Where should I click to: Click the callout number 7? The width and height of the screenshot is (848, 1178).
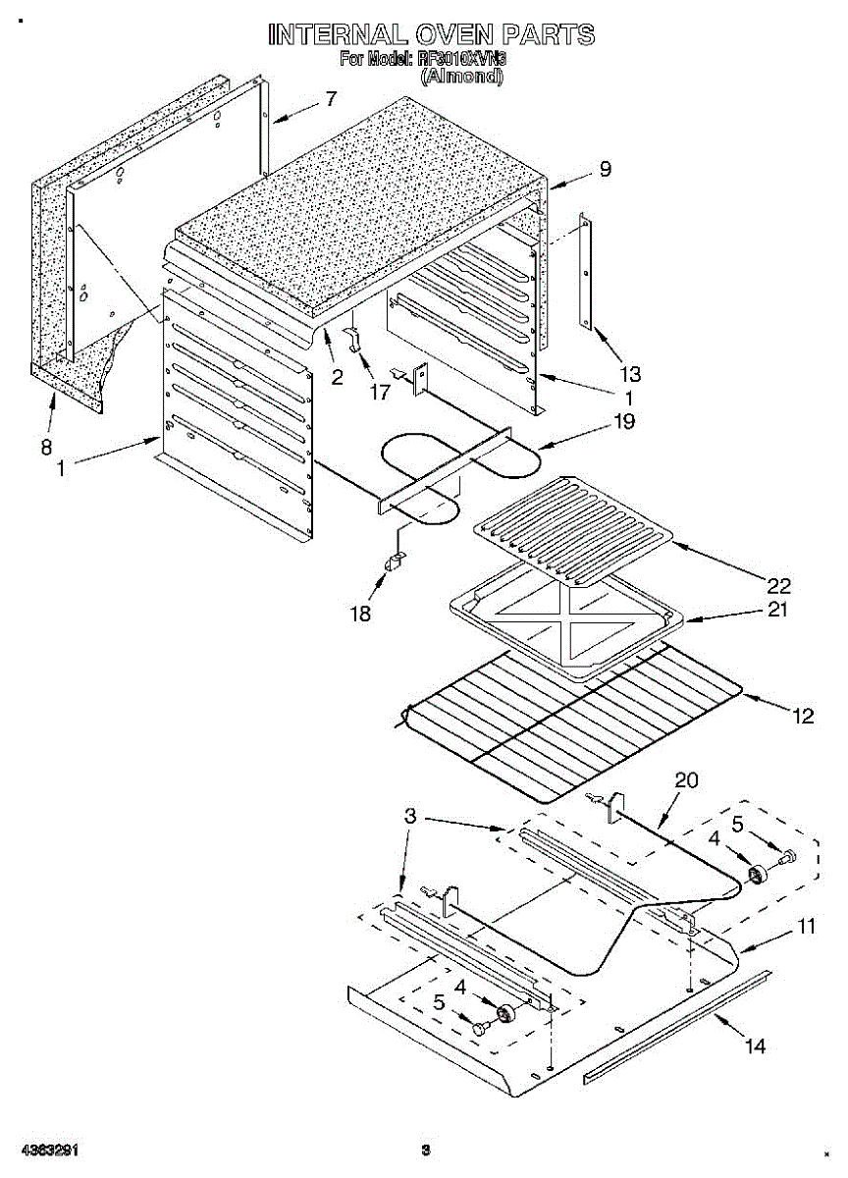[x=331, y=98]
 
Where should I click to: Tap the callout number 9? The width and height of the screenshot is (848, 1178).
[x=605, y=169]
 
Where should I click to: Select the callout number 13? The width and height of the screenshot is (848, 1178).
[x=629, y=373]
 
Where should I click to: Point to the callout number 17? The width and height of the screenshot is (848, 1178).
[x=379, y=391]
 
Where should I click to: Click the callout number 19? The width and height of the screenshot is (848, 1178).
[x=624, y=422]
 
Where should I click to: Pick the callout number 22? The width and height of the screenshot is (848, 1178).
[x=778, y=586]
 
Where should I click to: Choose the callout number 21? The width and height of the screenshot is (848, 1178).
[x=778, y=610]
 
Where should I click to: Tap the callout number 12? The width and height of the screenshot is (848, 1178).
[x=804, y=717]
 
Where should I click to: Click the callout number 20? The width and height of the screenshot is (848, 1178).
[x=687, y=780]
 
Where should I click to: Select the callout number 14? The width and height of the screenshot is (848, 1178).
[x=754, y=1046]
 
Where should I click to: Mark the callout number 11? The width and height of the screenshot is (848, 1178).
[x=806, y=926]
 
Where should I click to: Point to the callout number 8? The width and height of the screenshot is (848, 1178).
[x=46, y=447]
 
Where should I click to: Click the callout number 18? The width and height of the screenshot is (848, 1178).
[x=361, y=614]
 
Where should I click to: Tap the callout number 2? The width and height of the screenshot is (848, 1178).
[x=337, y=376]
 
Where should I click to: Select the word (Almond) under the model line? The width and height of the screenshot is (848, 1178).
[x=461, y=76]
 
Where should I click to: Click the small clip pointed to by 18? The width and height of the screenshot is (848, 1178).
[x=396, y=562]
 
